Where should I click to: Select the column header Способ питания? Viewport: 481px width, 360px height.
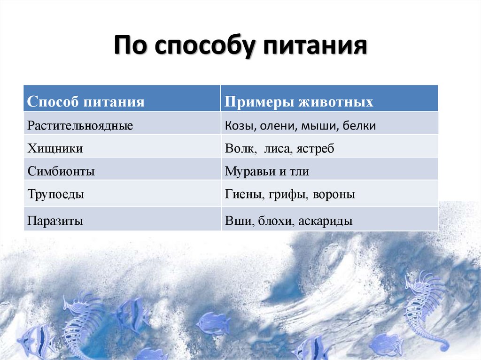(86, 101)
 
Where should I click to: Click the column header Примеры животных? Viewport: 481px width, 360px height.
(299, 101)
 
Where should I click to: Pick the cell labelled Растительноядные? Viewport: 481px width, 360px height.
(80, 125)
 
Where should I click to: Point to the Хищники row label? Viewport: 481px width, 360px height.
(55, 149)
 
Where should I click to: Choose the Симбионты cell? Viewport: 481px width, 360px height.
(61, 171)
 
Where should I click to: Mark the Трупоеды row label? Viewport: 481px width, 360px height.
(56, 194)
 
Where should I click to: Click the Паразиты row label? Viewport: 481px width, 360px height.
(55, 221)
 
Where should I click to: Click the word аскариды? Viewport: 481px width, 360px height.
(325, 221)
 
